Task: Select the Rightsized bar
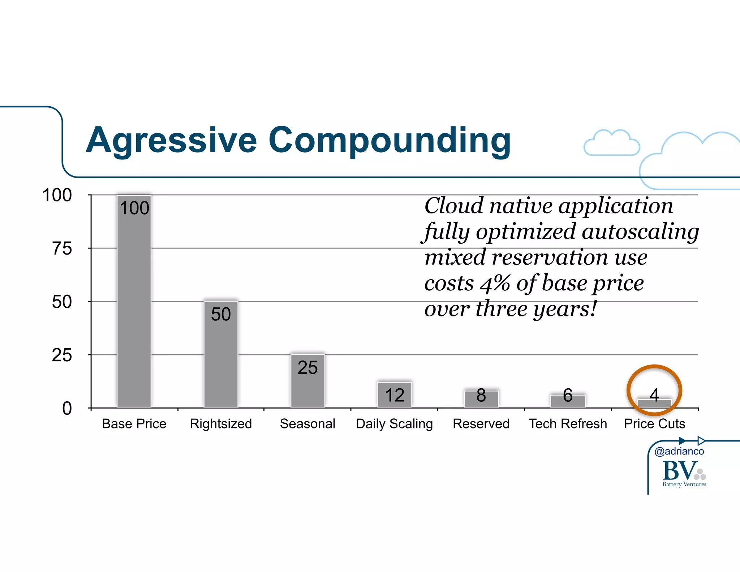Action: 221,354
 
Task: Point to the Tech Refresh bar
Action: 568,401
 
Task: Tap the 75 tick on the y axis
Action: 62,249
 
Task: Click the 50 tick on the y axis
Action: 62,302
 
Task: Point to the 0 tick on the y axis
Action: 67,409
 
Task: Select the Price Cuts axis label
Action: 654,424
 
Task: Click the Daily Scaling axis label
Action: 394,424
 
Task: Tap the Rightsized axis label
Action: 221,424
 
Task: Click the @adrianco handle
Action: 679,451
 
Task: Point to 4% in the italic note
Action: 495,283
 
